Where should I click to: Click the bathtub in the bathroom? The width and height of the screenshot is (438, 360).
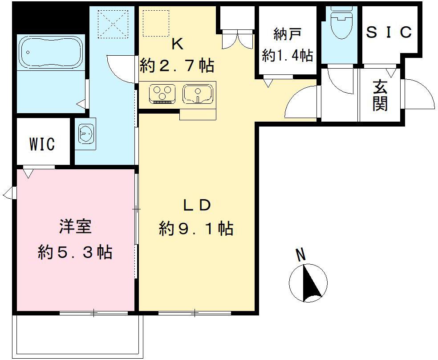coord(50,53)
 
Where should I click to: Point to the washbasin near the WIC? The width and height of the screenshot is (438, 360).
coord(85,133)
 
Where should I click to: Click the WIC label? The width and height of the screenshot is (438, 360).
coord(42,144)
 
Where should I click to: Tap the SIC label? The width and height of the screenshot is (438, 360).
coord(389,33)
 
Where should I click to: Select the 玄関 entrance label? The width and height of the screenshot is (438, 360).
coord(380,95)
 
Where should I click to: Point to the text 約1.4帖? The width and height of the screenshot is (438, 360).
coord(287,55)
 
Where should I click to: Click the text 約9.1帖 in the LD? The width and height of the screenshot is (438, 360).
coord(196,229)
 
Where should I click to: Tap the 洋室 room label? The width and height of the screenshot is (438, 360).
coord(75,226)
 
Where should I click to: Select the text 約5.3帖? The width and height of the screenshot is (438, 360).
coord(75,252)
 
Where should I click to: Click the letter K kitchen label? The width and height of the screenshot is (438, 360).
coord(177,45)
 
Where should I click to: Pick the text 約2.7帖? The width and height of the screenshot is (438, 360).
coord(177,66)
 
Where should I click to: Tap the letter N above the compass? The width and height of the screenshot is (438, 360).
coord(301,255)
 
